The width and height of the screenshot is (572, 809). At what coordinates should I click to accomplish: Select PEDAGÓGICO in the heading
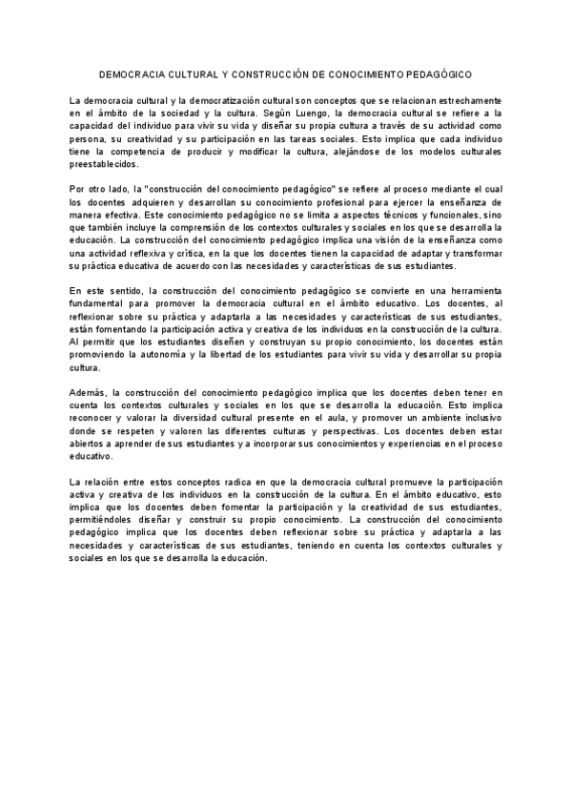[434, 73]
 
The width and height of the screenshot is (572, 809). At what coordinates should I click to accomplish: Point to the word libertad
[250, 353]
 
